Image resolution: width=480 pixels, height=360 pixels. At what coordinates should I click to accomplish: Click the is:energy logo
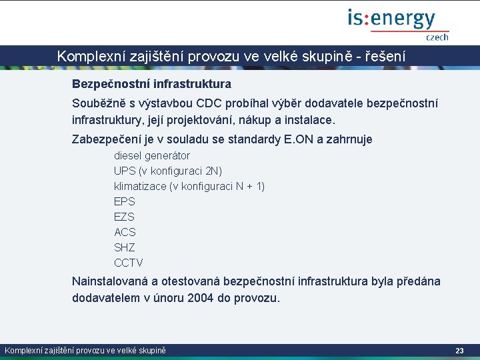pyautogui.click(x=391, y=19)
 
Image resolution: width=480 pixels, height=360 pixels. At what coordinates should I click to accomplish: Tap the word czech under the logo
pyautogui.click(x=437, y=37)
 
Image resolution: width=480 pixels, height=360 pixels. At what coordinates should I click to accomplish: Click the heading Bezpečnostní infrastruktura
pyautogui.click(x=151, y=85)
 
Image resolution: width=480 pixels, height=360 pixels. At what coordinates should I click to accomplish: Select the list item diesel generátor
pyautogui.click(x=152, y=156)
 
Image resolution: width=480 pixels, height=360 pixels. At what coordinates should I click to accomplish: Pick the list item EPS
pyautogui.click(x=125, y=201)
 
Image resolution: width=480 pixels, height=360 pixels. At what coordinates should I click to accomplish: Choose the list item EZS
pyautogui.click(x=125, y=217)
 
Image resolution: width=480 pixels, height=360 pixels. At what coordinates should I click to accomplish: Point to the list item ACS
pyautogui.click(x=125, y=232)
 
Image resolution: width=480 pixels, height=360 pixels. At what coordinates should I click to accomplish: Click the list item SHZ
pyautogui.click(x=125, y=247)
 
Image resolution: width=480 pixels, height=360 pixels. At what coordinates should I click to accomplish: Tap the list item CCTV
pyautogui.click(x=128, y=263)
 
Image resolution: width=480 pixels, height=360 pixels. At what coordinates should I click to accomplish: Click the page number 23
pyautogui.click(x=459, y=351)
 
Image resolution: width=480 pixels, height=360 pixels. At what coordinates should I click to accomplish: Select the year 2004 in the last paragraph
pyautogui.click(x=201, y=298)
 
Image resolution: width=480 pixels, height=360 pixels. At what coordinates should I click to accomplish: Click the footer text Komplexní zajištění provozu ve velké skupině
pyautogui.click(x=85, y=351)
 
